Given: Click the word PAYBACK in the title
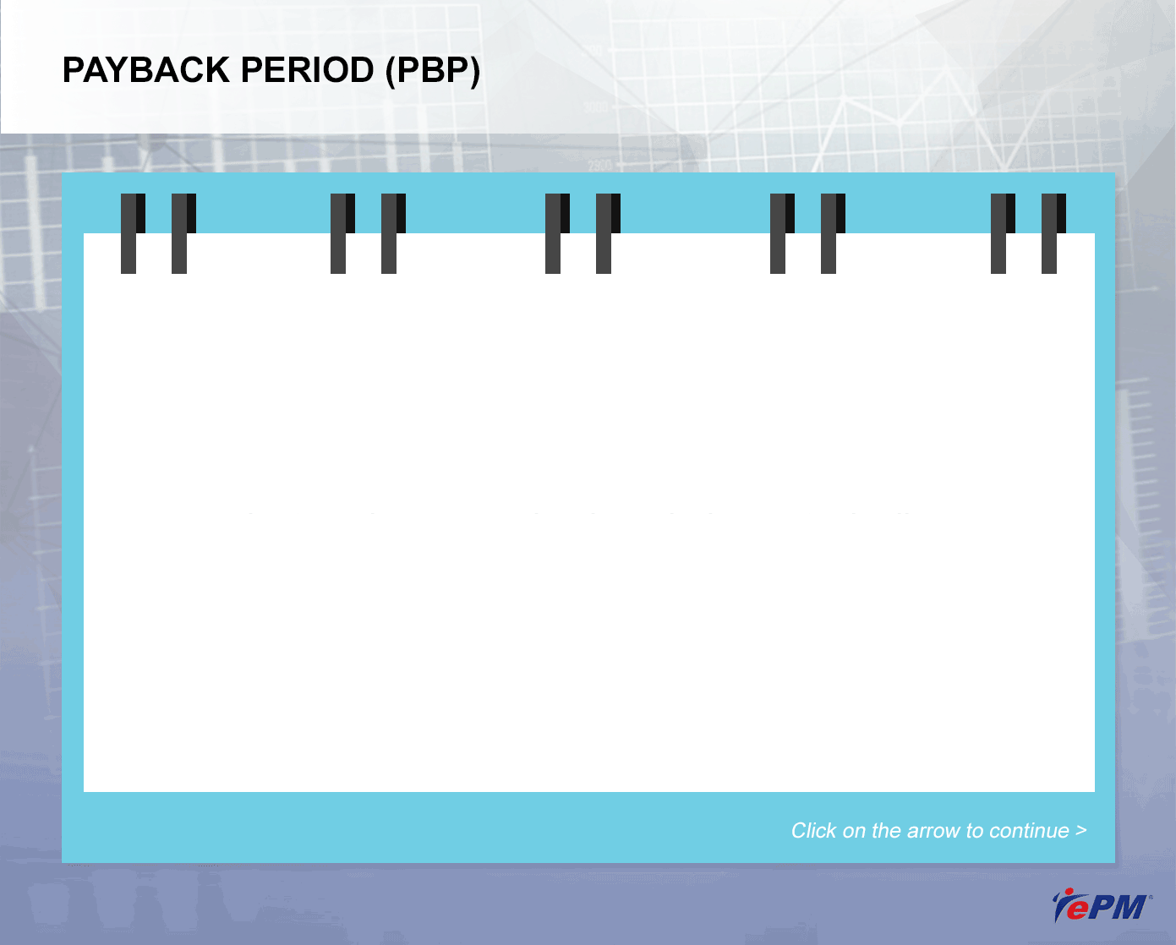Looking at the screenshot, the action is pos(146,70).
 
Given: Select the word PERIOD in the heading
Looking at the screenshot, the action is pos(307,70).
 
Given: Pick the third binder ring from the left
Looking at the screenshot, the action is pos(342,233).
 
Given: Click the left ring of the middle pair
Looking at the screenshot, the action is pos(557,233).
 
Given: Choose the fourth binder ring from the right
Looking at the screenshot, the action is pos(782,233).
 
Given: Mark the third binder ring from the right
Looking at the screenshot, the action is pos(833,233).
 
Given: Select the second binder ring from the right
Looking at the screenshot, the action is pos(1003,233).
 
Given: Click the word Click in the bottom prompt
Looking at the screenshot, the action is pos(813,831).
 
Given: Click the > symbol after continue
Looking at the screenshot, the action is pos(1081,831).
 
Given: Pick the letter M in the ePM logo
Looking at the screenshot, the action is pos(1127,907).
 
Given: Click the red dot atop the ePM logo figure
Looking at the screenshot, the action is pos(1069,892).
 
